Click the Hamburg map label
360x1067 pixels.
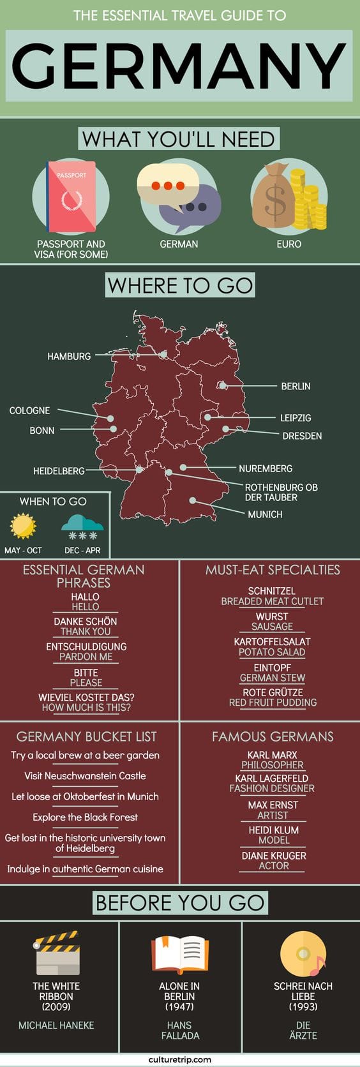coord(69,356)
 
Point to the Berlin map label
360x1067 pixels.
coord(296,386)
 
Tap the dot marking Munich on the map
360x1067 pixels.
coord(192,502)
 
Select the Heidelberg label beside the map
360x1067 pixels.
coord(59,471)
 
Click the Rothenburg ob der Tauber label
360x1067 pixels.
coord(281,492)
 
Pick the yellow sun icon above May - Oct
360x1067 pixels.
coord(23,528)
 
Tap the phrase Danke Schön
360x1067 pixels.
coord(86,621)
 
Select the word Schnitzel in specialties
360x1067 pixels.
coord(272,592)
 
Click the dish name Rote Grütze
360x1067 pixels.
coord(273,692)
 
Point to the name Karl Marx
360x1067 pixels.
coord(273,755)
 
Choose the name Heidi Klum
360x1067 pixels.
coord(273,830)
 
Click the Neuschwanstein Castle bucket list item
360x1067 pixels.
coord(85,776)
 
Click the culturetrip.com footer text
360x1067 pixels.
coord(180,1059)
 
